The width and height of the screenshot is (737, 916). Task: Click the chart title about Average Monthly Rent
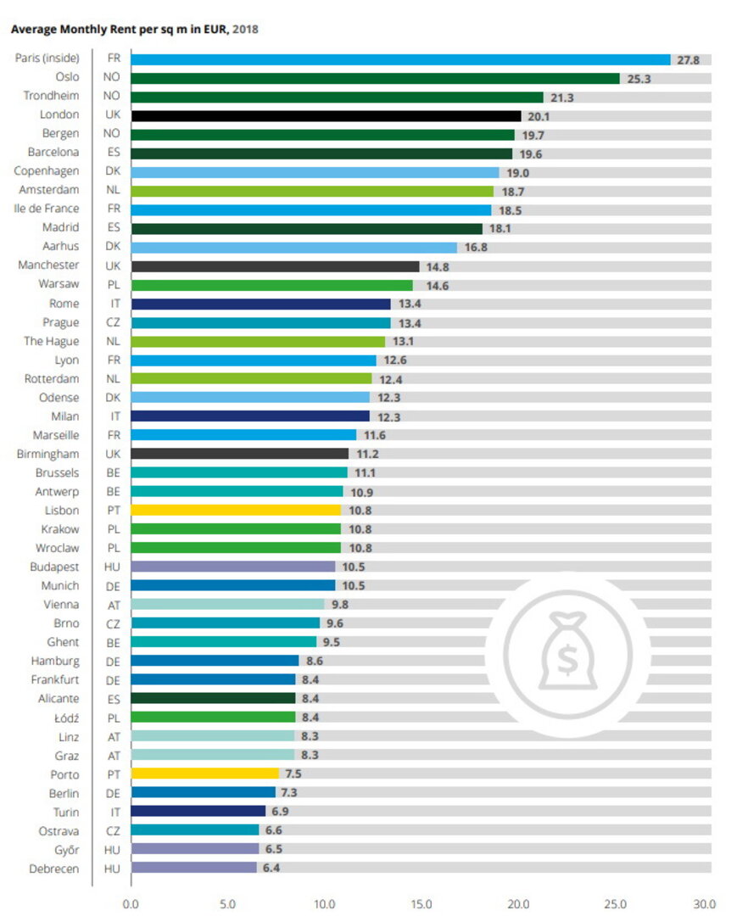[x=134, y=29]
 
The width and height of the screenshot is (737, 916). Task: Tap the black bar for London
[x=326, y=115]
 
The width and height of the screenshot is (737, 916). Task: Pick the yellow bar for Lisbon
[x=236, y=511]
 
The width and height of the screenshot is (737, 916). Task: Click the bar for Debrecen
[x=193, y=868]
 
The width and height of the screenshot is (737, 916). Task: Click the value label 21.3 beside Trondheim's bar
[x=561, y=98]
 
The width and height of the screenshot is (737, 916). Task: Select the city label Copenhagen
[x=47, y=171]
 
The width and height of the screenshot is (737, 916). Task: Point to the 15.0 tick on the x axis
[x=422, y=904]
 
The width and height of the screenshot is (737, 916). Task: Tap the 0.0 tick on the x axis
[x=131, y=904]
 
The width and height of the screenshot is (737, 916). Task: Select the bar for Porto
[x=204, y=774]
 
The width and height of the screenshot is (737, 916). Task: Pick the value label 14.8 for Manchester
[x=438, y=266]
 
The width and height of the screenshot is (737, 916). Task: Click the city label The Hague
[x=52, y=341]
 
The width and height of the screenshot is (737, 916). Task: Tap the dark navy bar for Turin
[x=198, y=812]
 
